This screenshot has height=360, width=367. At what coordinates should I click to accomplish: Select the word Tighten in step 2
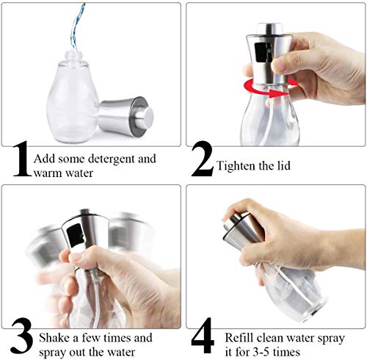point(236,166)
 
